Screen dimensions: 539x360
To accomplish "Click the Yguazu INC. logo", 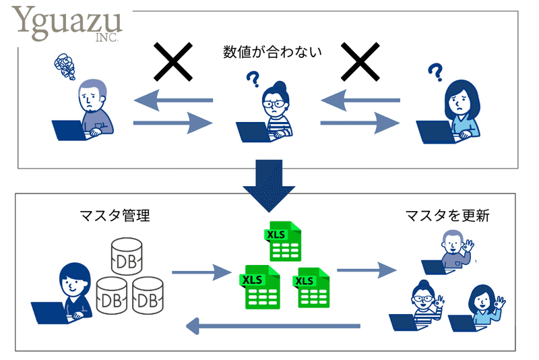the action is (x=67, y=24).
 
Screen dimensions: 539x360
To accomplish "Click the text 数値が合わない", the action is (x=272, y=52).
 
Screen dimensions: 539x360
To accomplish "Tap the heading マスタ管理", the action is (x=115, y=216).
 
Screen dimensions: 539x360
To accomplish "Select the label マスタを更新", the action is (x=447, y=216).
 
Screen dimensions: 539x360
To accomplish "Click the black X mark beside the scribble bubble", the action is (x=173, y=62).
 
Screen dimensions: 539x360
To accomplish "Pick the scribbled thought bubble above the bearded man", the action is (x=65, y=66).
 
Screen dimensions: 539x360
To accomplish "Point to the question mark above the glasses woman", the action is (x=253, y=79).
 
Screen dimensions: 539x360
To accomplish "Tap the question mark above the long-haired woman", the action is (x=435, y=72).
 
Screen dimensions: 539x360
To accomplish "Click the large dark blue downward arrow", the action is (x=269, y=185).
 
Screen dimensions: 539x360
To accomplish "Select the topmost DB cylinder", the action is (x=127, y=256).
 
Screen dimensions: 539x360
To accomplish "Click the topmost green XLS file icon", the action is (x=283, y=241).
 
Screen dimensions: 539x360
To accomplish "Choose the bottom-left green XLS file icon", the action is (x=259, y=287).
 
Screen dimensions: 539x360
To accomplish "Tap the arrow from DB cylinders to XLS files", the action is (x=201, y=272).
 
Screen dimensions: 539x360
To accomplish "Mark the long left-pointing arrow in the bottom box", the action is (x=273, y=326).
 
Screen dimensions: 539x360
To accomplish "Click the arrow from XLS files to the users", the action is (x=367, y=270).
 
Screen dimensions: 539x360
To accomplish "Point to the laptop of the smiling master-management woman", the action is (x=52, y=313).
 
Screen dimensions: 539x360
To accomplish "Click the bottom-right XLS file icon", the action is (x=311, y=287).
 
